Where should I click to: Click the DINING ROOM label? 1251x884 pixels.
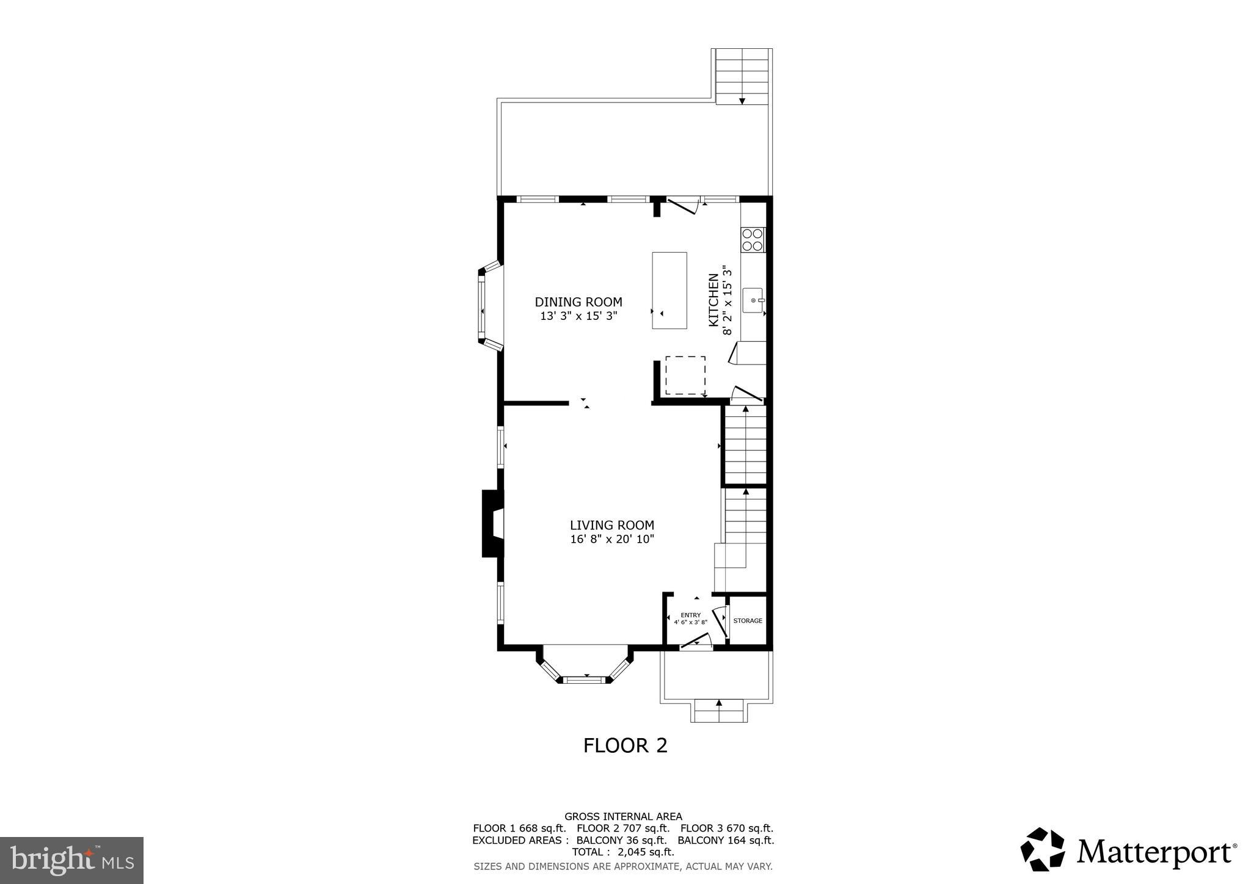pos(578,302)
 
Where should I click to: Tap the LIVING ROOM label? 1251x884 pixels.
pos(611,525)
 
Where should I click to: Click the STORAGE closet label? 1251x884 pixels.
pos(748,621)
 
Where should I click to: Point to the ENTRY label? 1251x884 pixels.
pos(690,615)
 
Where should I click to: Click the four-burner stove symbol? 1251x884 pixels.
pos(753,239)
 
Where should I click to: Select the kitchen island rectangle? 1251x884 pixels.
pos(669,291)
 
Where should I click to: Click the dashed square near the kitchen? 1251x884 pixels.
pos(685,375)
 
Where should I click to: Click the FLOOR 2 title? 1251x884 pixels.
pos(625,745)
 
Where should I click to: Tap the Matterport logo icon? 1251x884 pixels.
pos(1042,849)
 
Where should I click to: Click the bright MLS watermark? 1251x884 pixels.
pos(71,861)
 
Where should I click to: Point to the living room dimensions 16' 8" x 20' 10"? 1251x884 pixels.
pos(611,539)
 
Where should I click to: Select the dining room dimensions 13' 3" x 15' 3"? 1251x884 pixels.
pos(578,316)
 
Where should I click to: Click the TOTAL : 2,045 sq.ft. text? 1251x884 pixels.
pos(622,852)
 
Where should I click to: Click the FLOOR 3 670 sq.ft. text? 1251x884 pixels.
pos(726,828)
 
